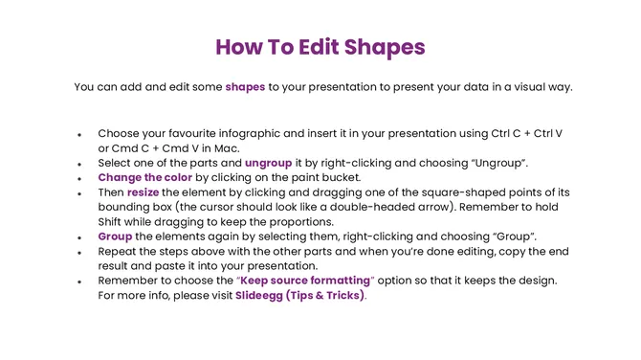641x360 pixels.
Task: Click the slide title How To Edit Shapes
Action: [x=320, y=48]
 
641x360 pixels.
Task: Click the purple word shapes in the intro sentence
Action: [x=245, y=87]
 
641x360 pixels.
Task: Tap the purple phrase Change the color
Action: [x=145, y=177]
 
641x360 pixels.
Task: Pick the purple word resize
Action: [x=144, y=191]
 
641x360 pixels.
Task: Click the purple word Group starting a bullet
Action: [x=116, y=236]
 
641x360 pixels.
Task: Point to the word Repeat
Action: [x=119, y=250]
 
